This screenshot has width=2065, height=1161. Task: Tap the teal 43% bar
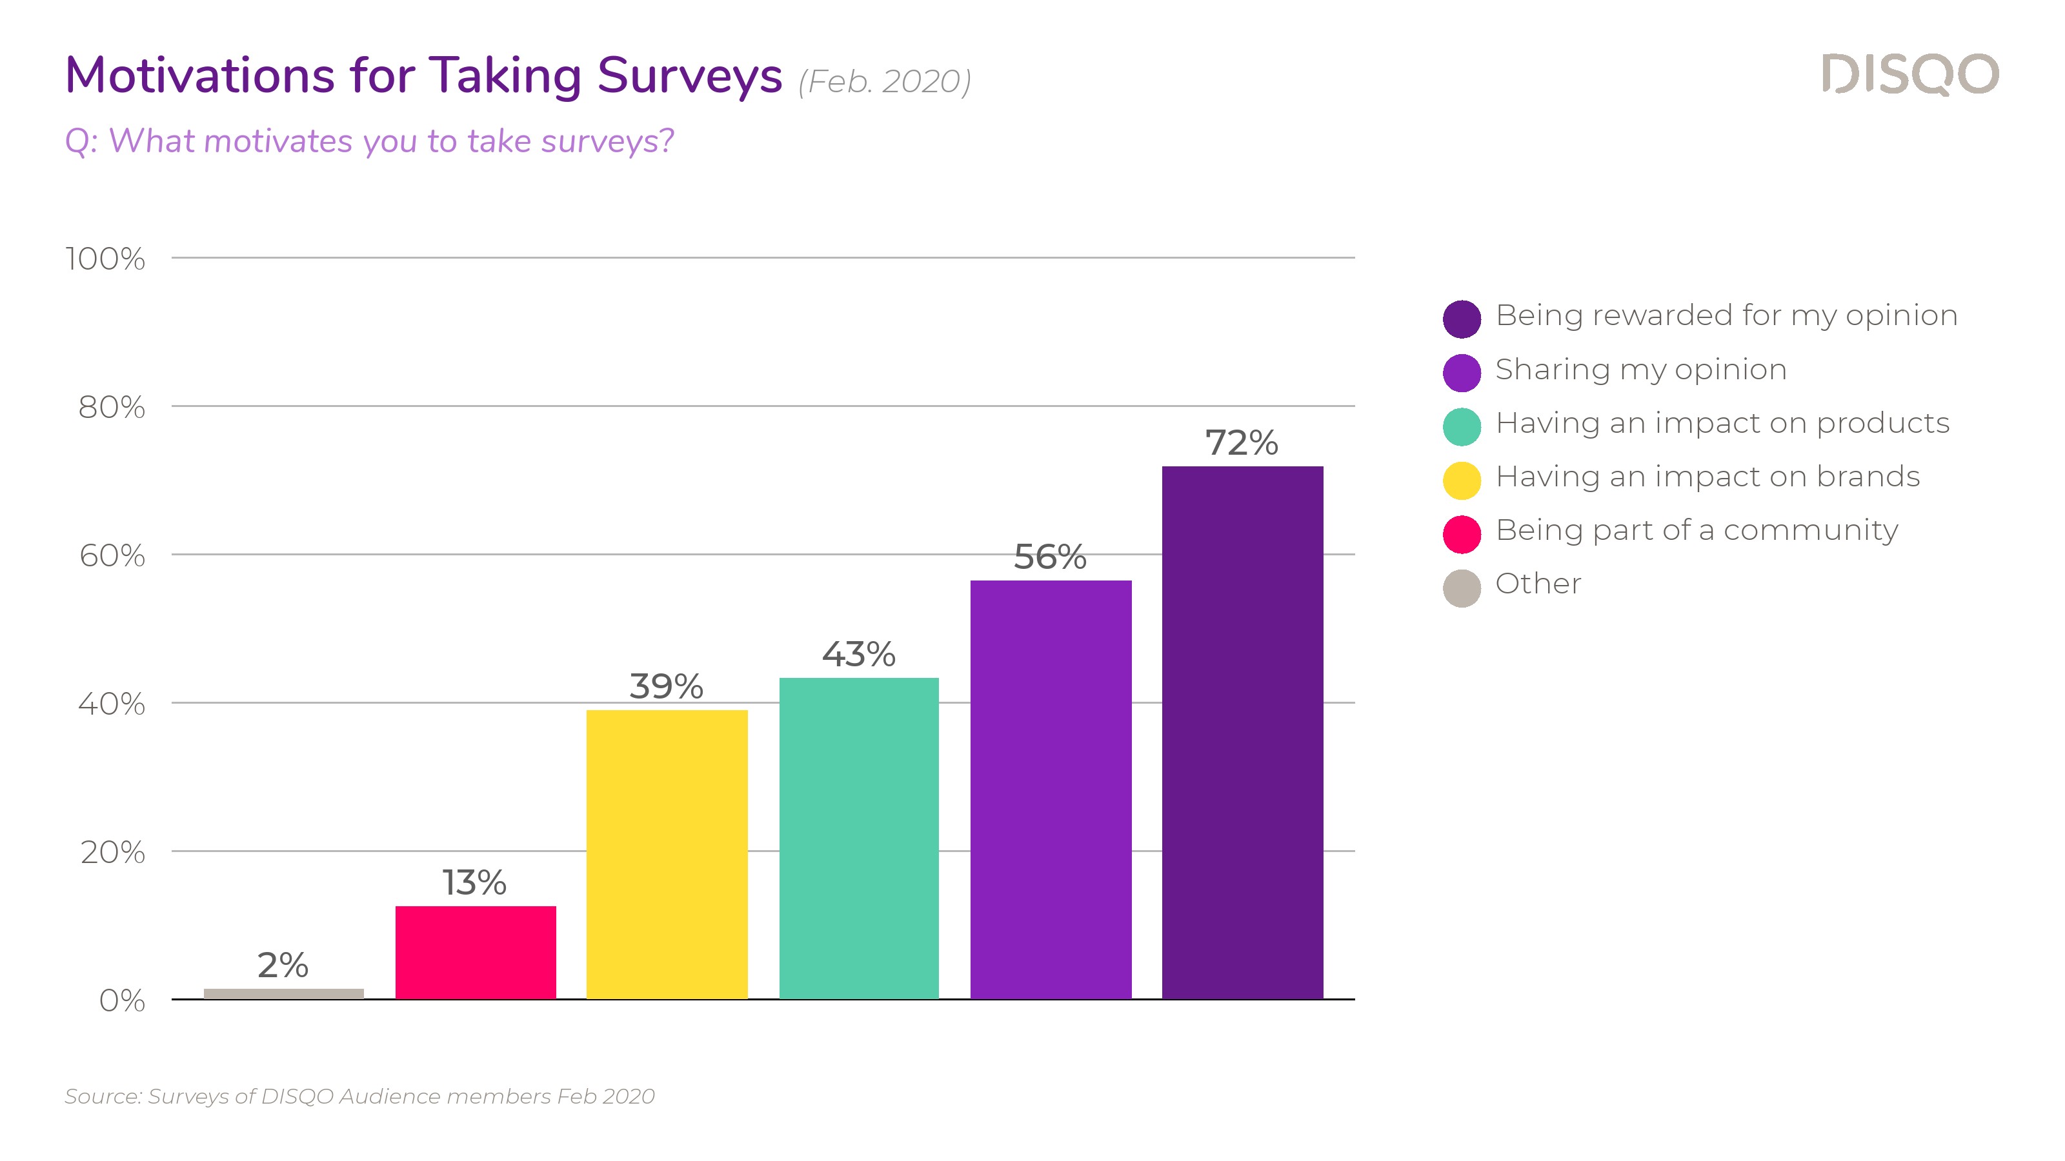[858, 838]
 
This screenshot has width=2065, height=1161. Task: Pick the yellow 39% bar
[667, 854]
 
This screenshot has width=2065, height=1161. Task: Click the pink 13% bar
[476, 952]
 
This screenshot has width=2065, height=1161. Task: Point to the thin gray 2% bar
[284, 993]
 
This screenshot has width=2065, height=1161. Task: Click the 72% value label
[1242, 443]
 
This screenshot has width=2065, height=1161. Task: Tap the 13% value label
[474, 883]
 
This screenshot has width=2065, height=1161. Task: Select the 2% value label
[283, 966]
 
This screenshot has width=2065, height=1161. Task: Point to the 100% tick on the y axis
[105, 259]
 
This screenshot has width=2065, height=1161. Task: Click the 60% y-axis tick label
[112, 555]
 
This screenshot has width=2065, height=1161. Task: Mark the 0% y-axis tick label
[122, 1001]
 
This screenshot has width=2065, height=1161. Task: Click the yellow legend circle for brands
[1462, 481]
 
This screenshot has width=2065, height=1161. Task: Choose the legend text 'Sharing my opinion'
[1641, 370]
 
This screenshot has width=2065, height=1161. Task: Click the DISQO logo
[1910, 75]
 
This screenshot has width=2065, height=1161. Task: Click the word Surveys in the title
[689, 76]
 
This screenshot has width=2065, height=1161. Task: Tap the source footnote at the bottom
[360, 1096]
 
